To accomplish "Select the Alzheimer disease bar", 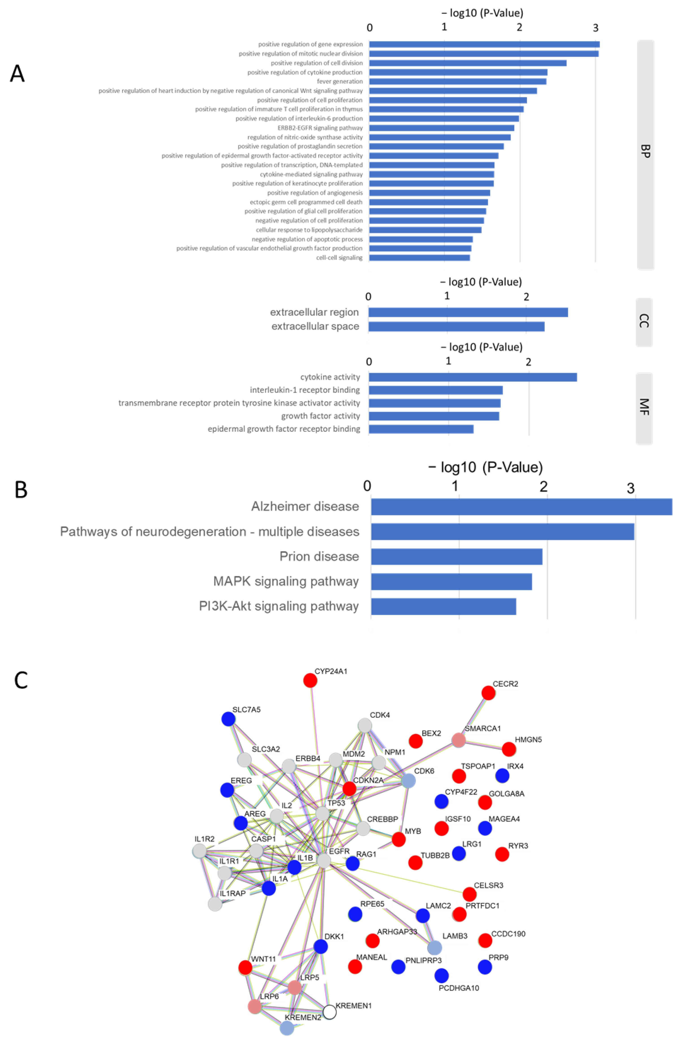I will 521,507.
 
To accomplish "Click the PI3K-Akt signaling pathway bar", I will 443,606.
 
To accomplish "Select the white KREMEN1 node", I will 330,1012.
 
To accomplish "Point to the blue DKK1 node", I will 321,946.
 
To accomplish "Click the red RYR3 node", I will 502,854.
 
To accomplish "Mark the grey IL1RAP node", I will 215,904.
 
